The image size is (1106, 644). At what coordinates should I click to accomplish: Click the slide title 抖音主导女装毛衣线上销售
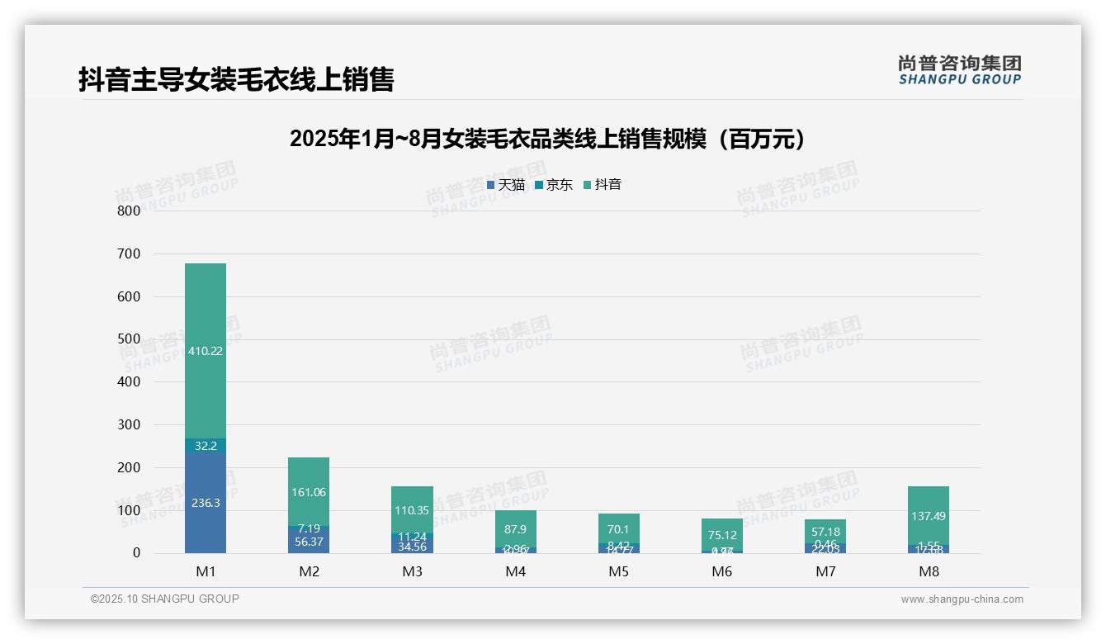236,79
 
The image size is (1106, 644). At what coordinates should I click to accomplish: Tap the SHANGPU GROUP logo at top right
960,70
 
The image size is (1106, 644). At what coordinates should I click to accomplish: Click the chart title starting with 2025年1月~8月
547,139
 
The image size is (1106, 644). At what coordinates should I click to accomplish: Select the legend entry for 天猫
506,185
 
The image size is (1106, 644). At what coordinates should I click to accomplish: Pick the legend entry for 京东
554,185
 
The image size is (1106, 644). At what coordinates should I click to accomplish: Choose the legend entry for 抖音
603,185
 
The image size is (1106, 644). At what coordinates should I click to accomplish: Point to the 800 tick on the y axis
128,211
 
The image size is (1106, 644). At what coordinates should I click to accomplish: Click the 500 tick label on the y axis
128,339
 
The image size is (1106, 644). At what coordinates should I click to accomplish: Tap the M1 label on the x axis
206,571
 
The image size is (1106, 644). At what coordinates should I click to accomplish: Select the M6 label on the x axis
722,571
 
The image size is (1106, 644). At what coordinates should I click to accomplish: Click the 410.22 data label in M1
206,351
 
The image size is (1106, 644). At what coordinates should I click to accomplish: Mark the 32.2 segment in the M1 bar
206,446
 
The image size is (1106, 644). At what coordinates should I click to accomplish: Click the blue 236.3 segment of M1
206,502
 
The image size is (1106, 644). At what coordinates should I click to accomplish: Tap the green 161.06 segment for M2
309,492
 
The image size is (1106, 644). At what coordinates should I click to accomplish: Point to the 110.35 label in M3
413,510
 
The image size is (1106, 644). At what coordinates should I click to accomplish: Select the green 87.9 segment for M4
516,528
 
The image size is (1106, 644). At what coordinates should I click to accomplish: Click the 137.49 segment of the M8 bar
929,515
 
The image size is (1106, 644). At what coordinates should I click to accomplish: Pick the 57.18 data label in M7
825,532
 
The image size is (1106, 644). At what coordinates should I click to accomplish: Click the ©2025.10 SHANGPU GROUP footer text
165,599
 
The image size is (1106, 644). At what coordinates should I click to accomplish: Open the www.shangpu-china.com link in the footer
962,599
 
